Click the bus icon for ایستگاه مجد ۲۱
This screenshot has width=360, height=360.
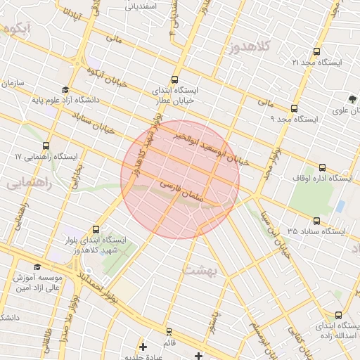(x=316, y=52)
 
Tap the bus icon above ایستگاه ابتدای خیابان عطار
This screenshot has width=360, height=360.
(x=174, y=79)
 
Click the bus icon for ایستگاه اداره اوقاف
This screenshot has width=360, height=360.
(x=322, y=167)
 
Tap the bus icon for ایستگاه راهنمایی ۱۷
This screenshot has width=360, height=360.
(x=46, y=144)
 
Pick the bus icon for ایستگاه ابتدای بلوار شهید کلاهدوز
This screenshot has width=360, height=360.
(x=96, y=229)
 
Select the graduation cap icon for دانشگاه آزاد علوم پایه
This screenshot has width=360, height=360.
(x=65, y=90)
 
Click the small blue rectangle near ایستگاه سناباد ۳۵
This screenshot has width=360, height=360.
(x=341, y=206)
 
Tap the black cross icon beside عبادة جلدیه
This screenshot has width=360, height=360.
(x=143, y=346)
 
